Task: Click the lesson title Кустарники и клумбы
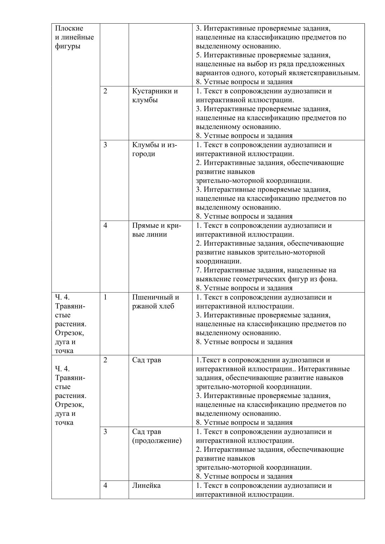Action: tap(155, 95)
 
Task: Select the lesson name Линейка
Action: tap(146, 485)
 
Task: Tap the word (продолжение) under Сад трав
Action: tap(157, 440)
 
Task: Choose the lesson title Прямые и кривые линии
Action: tap(157, 230)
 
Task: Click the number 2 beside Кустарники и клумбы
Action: tap(105, 91)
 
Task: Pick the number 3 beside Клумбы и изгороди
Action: tap(105, 145)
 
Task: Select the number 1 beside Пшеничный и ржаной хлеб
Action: tap(105, 297)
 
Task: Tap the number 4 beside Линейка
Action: tap(105, 485)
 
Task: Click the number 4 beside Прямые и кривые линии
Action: tap(105, 225)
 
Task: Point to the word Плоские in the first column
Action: tap(69, 28)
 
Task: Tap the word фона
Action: tap(330, 279)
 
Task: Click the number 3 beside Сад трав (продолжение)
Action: tap(105, 432)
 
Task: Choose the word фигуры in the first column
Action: tap(67, 46)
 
